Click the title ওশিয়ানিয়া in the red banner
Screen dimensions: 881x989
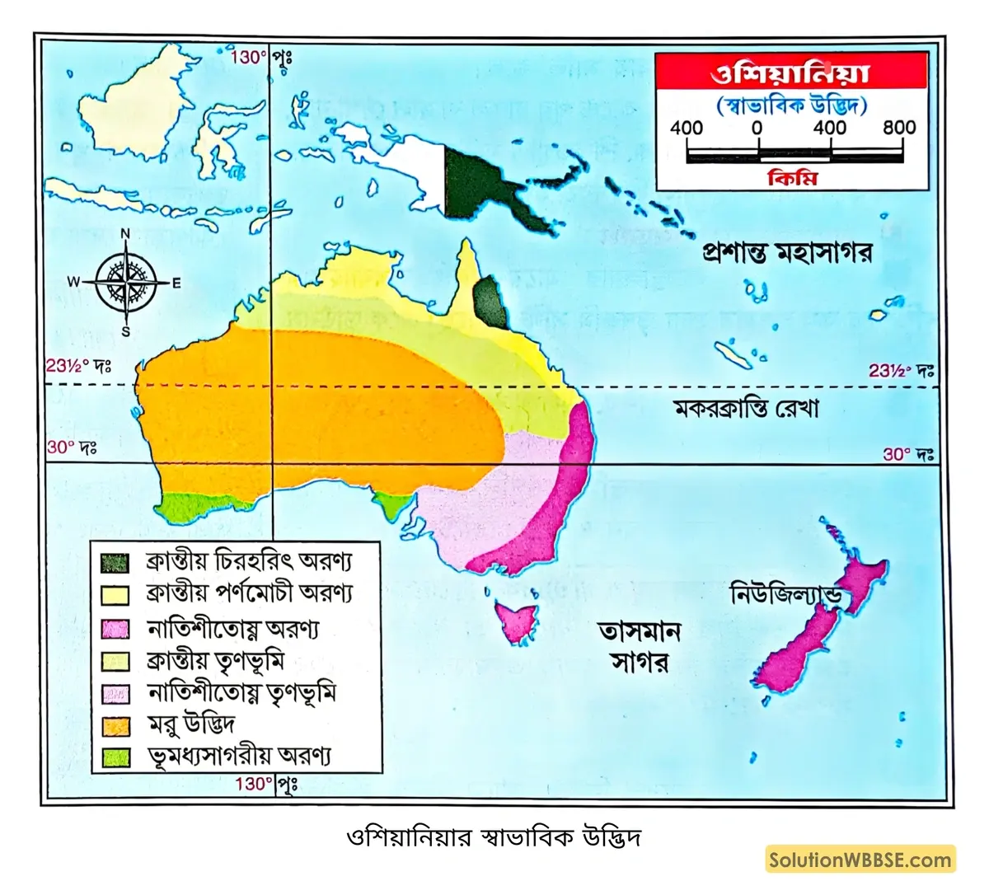click(790, 73)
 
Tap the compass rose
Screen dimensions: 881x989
click(125, 283)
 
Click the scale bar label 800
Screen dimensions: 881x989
click(899, 128)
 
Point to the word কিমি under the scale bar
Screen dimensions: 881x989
click(792, 177)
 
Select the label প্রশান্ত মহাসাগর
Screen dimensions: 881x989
click(786, 251)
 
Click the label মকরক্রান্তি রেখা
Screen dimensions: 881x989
click(747, 408)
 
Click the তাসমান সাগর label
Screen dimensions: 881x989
click(640, 647)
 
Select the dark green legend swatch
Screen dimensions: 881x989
click(115, 563)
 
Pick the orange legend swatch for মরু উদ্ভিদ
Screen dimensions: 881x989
click(115, 726)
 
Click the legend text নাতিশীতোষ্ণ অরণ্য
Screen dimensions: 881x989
click(233, 628)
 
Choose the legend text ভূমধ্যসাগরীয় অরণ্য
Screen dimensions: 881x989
click(239, 756)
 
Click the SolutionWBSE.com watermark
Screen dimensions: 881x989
click(860, 860)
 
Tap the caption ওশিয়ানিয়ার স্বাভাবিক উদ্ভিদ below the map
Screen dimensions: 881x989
click(494, 838)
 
